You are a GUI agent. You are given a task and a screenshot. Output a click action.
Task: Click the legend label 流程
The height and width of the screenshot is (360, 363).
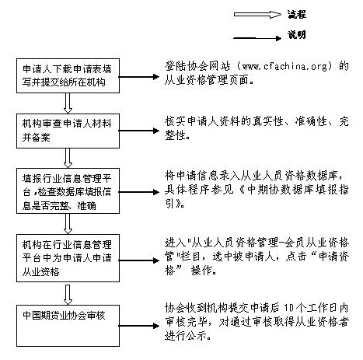coord(317,13)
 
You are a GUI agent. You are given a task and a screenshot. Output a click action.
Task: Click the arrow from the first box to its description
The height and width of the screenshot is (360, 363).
coord(139,75)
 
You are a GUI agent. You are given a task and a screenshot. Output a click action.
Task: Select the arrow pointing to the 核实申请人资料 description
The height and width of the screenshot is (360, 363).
coord(139,128)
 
